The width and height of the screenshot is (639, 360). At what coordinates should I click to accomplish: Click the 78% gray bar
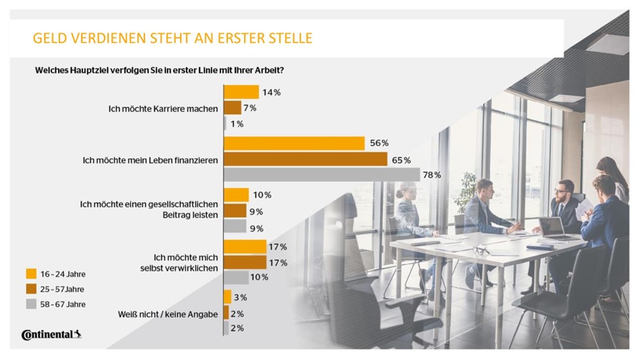tap(322, 175)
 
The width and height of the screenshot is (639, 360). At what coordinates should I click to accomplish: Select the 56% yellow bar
tap(295, 143)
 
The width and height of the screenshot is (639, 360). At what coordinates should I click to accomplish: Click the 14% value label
tap(271, 92)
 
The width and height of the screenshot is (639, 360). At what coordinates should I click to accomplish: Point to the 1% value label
tap(236, 123)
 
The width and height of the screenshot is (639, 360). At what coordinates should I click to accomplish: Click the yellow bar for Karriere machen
tap(241, 92)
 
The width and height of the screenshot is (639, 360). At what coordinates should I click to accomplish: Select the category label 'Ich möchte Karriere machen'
tap(163, 108)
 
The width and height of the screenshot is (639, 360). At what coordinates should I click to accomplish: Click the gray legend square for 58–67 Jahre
tap(31, 304)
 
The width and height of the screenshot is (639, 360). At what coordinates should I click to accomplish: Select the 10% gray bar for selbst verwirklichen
tap(236, 277)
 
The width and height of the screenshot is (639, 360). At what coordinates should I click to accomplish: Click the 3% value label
tap(240, 298)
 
